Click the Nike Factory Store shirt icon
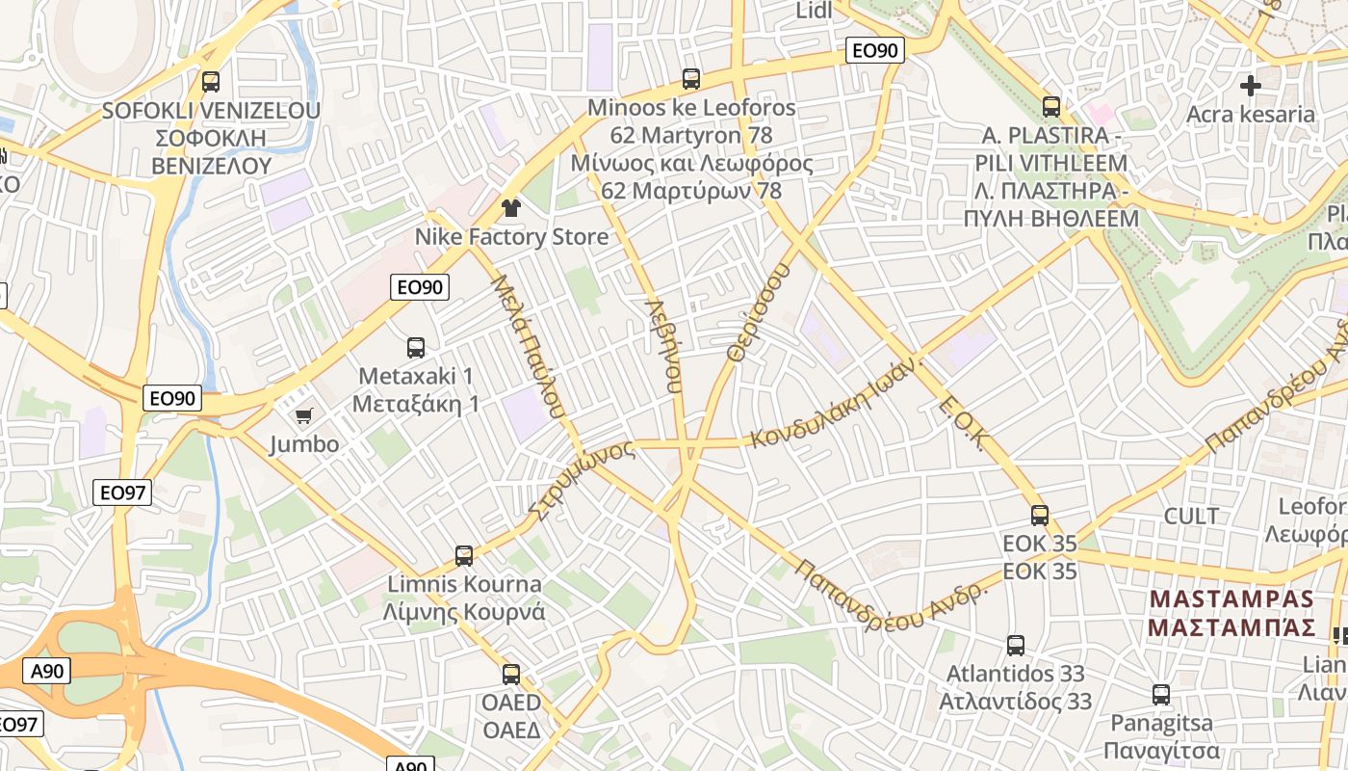coord(510,207)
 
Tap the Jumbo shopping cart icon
coord(304,415)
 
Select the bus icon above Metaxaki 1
coord(416,347)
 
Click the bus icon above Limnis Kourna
coord(464,555)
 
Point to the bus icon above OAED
coord(511,674)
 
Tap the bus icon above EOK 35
coord(1039,515)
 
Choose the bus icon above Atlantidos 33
coord(1016,645)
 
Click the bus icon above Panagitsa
coord(1161,694)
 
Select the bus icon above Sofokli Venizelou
coord(211,82)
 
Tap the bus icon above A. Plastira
coord(1051,106)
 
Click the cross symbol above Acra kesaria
coord(1250,86)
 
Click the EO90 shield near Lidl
coord(873,51)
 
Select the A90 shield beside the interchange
coord(45,671)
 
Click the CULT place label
coord(1191,516)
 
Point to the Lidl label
coord(814,11)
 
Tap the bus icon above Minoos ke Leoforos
coord(691,78)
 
